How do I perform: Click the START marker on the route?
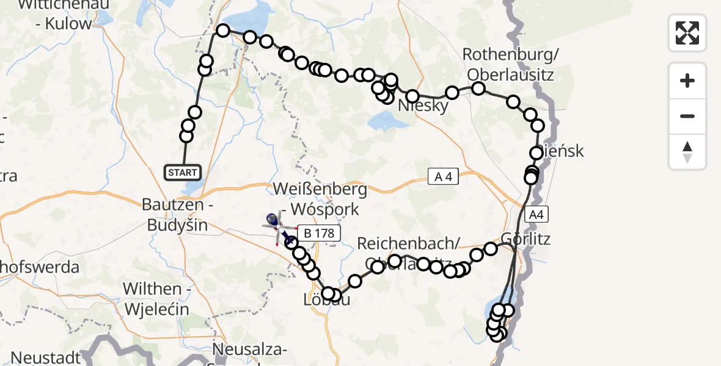(183, 173)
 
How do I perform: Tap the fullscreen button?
(687, 32)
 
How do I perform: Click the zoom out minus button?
(687, 117)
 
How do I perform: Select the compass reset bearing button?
(687, 152)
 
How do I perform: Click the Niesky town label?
(423, 106)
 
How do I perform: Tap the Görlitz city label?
(525, 238)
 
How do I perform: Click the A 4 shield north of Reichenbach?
(443, 178)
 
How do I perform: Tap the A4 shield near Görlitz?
(535, 215)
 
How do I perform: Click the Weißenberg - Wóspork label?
(321, 199)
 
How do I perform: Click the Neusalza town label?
(251, 350)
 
